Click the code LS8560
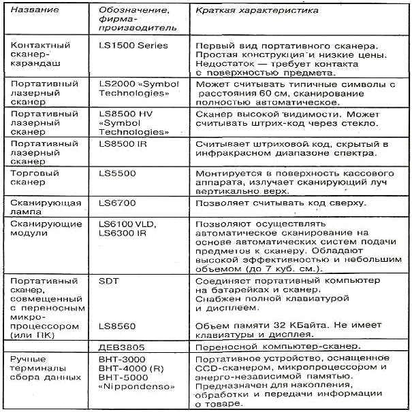(x=118, y=326)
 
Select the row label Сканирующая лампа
(x=39, y=207)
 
